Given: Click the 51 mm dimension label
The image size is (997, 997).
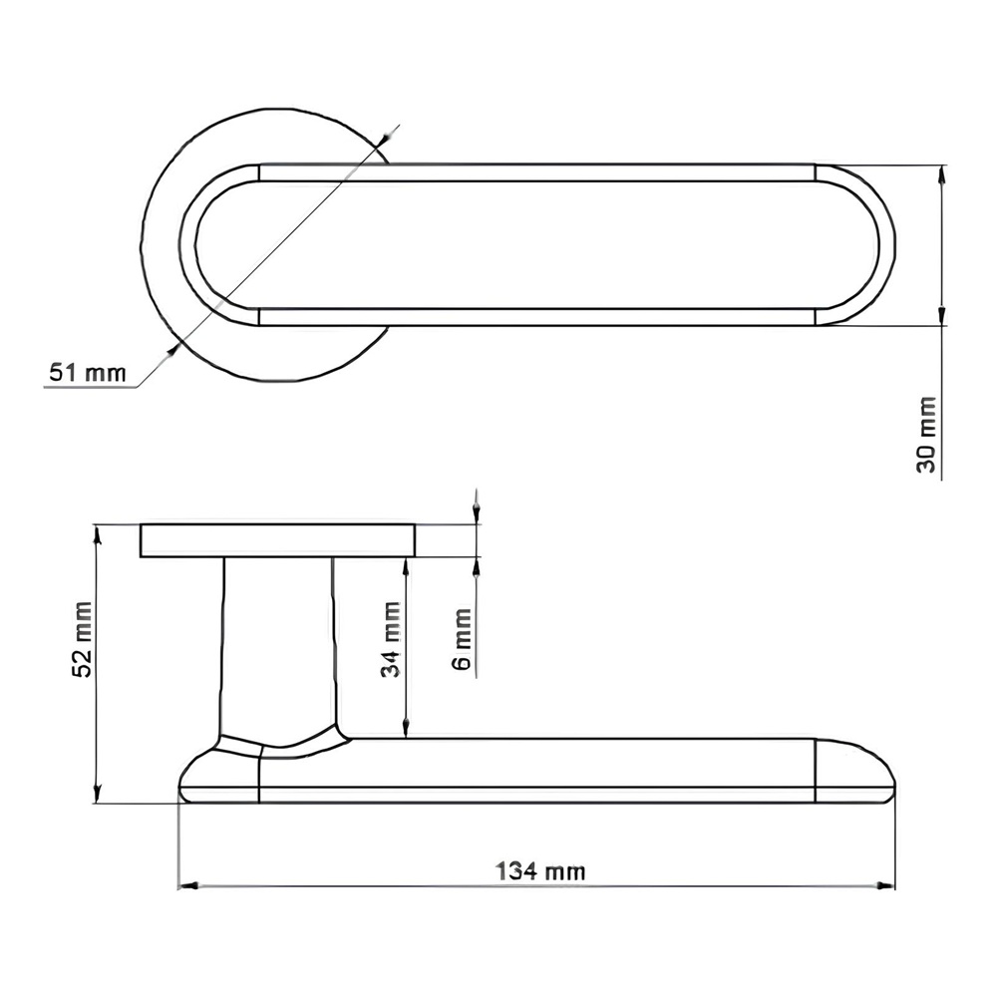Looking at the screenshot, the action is [x=88, y=373].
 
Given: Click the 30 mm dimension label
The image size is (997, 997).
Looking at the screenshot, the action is [x=927, y=435].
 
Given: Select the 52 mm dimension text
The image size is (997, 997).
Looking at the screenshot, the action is [x=84, y=639].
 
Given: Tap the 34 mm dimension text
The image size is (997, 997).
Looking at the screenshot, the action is [x=391, y=639].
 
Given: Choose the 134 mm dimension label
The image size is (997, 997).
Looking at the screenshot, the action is [x=539, y=870].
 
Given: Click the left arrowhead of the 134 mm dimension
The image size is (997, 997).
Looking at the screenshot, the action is [x=188, y=885].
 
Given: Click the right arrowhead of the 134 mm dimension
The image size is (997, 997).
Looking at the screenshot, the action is [x=885, y=885].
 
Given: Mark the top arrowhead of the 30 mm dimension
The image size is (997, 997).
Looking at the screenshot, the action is [x=942, y=174].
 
